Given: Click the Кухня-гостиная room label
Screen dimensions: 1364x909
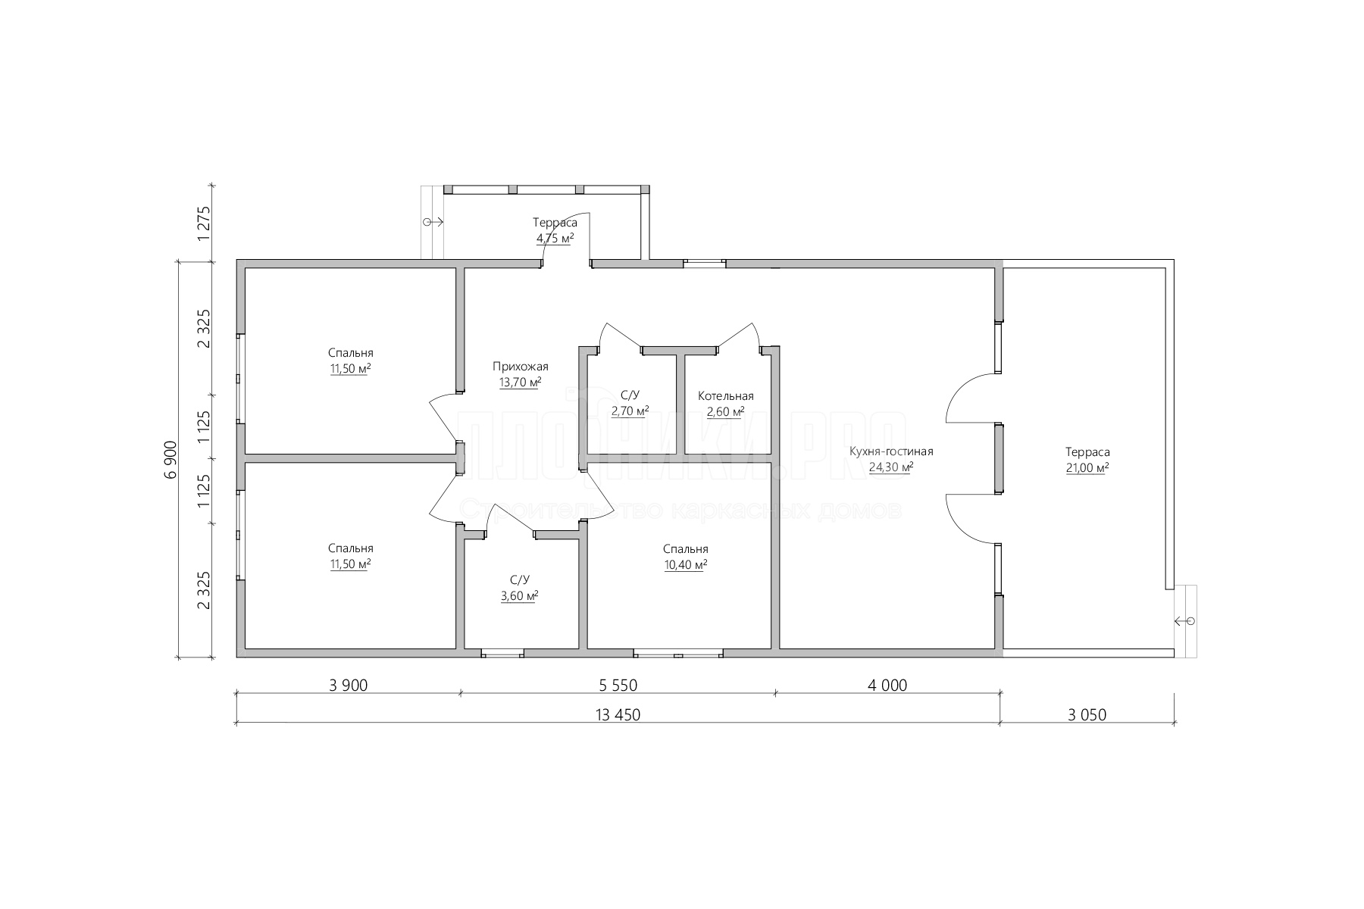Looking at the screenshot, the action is pyautogui.click(x=891, y=451).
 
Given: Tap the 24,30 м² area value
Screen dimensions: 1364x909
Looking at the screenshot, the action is pyautogui.click(x=891, y=467).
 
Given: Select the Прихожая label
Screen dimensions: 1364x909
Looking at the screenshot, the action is pyautogui.click(x=520, y=367).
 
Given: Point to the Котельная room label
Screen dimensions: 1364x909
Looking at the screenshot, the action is pyautogui.click(x=726, y=396).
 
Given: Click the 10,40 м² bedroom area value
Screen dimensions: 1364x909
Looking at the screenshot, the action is pyautogui.click(x=686, y=565).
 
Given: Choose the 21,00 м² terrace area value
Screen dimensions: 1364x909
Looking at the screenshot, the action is pyautogui.click(x=1087, y=467).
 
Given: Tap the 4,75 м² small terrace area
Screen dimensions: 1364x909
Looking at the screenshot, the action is pyautogui.click(x=555, y=238).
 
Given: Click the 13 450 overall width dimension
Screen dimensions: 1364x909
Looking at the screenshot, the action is pyautogui.click(x=618, y=714).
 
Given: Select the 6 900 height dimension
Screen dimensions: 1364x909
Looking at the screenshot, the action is pyautogui.click(x=170, y=459).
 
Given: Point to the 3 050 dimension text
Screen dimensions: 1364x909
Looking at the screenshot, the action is pyautogui.click(x=1087, y=714).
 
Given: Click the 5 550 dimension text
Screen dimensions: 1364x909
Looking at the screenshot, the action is pyautogui.click(x=618, y=686).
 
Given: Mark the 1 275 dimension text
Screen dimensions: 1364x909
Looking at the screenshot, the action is pyautogui.click(x=203, y=223).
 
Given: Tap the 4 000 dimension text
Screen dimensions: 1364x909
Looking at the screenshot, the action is pyautogui.click(x=888, y=686).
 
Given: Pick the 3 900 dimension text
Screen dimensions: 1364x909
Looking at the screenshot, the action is pyautogui.click(x=349, y=686).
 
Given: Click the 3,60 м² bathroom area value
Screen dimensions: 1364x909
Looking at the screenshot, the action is pyautogui.click(x=520, y=596).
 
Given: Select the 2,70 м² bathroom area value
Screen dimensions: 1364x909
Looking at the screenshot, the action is pyautogui.click(x=630, y=411).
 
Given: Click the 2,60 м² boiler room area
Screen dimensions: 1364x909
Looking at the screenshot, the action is pyautogui.click(x=726, y=411).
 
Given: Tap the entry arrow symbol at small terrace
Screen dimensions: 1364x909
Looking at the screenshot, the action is pyautogui.click(x=433, y=222).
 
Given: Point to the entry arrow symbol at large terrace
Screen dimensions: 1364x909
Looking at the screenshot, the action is pyautogui.click(x=1185, y=622).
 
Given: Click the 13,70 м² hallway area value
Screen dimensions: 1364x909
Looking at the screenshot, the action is pyautogui.click(x=520, y=383).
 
